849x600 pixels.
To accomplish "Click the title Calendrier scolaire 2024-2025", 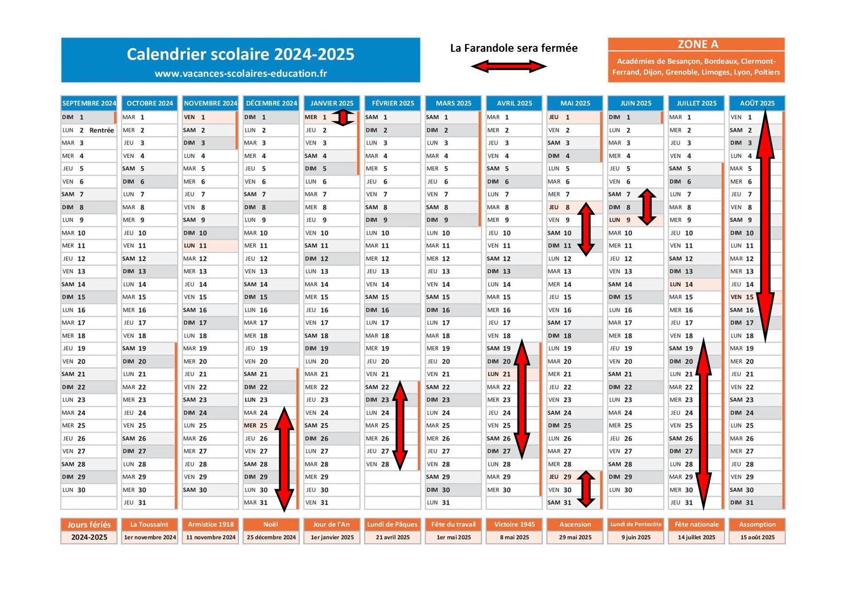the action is pos(241,54).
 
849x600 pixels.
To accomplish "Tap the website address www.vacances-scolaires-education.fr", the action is pos(241,74).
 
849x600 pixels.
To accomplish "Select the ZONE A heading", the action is pos(697,45).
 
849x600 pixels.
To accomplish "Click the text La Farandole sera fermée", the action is pos(514,48).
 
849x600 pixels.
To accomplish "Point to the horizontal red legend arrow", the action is pos(509,66).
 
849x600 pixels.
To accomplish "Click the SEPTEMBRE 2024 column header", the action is pos(89,103).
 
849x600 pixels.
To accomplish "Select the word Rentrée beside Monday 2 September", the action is pos(102,130).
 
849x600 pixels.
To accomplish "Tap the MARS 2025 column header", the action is pos(454,103).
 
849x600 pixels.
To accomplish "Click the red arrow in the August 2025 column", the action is pos(765,226).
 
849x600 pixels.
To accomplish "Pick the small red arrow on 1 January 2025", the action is pos(343,118).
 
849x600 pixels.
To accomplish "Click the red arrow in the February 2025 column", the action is pos(400,425).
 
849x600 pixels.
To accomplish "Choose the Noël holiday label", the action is pos(271,525).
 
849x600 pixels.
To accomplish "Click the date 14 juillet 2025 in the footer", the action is pos(697,537).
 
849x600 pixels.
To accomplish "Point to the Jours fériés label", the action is pos(89,525).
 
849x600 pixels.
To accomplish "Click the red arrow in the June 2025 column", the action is pos(647,207).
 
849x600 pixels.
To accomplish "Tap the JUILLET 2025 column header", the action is pos(697,103).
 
